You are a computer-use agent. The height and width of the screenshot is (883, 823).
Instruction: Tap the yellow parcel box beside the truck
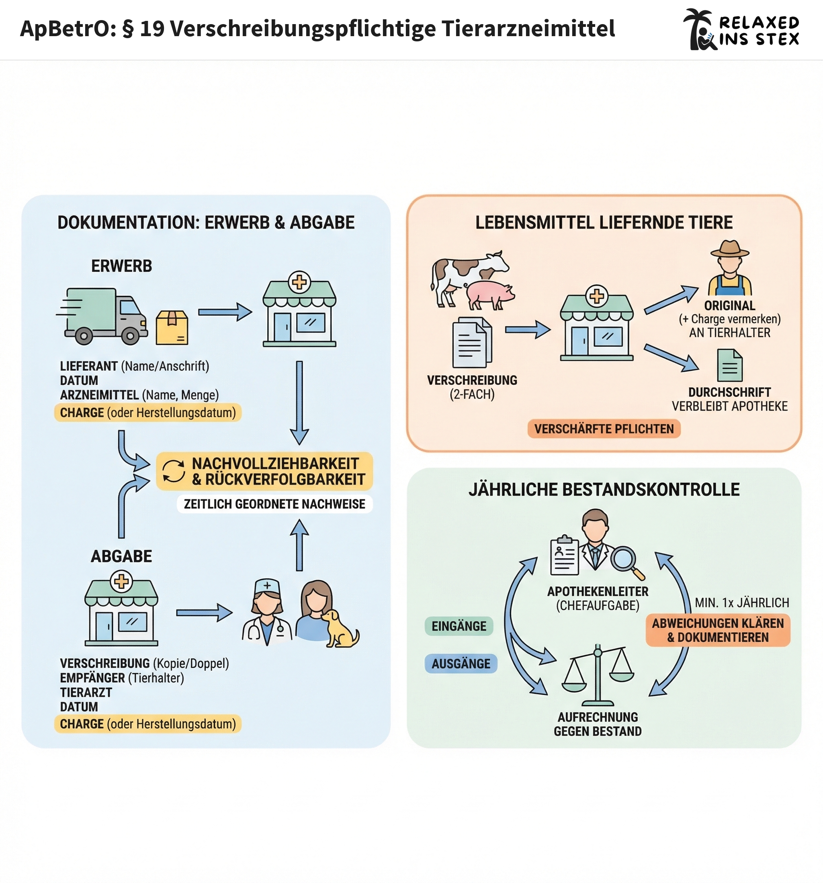pyautogui.click(x=172, y=328)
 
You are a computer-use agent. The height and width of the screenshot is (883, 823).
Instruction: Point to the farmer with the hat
pyautogui.click(x=730, y=269)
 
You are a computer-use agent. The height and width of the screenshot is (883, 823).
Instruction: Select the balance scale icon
pyautogui.click(x=598, y=675)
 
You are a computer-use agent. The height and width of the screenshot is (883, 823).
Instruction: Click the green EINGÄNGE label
pyautogui.click(x=459, y=626)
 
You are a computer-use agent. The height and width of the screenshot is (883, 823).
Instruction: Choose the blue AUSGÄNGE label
pyautogui.click(x=461, y=664)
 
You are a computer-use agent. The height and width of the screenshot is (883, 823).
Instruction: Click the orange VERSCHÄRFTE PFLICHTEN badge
pyautogui.click(x=604, y=429)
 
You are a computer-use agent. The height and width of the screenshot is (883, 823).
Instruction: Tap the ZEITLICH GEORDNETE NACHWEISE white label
pyautogui.click(x=274, y=504)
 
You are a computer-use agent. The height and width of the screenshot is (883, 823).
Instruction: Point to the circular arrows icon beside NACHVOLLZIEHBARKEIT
pyautogui.click(x=173, y=471)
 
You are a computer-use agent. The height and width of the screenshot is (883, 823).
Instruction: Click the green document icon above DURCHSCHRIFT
pyautogui.click(x=730, y=366)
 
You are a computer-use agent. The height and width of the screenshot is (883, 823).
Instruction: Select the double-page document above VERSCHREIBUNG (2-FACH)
pyautogui.click(x=471, y=342)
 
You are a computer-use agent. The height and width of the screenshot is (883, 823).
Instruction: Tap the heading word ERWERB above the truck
pyautogui.click(x=121, y=266)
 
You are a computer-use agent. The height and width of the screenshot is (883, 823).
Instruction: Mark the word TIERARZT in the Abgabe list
pyautogui.click(x=86, y=693)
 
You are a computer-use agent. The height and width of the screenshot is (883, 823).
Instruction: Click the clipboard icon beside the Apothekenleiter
pyautogui.click(x=564, y=555)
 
